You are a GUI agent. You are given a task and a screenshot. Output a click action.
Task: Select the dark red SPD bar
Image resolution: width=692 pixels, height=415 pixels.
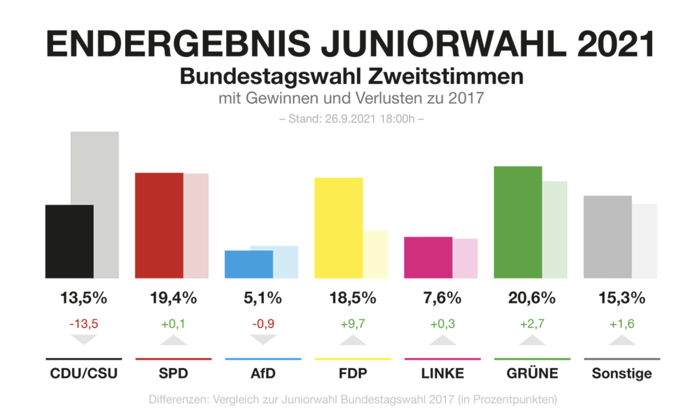(x=159, y=225)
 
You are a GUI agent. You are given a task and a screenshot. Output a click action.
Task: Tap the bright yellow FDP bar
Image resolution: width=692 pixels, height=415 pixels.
(x=339, y=228)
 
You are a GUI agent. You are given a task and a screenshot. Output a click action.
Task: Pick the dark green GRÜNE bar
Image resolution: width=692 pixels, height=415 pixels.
(x=518, y=222)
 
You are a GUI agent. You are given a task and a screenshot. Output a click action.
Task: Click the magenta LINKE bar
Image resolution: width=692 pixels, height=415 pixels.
(x=428, y=257)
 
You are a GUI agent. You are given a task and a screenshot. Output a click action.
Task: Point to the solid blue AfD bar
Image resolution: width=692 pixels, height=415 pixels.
(x=249, y=264)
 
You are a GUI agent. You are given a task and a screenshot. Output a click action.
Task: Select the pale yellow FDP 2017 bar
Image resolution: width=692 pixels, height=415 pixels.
(x=376, y=254)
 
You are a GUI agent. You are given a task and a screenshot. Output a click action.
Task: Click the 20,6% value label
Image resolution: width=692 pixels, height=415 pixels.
(x=532, y=298)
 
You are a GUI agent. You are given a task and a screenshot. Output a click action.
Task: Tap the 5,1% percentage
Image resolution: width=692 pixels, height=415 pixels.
(x=263, y=298)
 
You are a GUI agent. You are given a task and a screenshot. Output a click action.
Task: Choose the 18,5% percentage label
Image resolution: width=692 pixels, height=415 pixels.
(x=353, y=298)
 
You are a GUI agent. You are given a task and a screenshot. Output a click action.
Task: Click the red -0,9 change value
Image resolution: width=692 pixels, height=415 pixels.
(x=263, y=324)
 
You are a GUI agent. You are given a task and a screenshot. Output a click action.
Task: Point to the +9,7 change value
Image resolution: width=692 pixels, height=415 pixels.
(x=353, y=324)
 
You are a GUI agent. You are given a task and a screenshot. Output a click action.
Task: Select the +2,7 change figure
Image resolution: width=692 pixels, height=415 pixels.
(x=532, y=324)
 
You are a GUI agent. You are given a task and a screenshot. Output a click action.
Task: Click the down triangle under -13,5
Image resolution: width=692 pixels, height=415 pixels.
(x=84, y=339)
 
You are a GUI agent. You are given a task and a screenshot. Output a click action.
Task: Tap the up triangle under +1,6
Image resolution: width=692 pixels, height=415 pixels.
(x=622, y=341)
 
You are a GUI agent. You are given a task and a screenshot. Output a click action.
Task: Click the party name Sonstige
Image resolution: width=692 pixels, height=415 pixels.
(x=622, y=373)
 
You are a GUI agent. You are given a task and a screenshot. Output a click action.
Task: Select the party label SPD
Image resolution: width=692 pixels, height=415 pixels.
(x=173, y=373)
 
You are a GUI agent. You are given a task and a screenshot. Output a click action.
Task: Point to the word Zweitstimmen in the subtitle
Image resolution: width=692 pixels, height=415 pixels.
(x=445, y=77)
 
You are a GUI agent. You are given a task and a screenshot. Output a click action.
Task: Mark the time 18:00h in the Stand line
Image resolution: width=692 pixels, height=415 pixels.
(x=397, y=119)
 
